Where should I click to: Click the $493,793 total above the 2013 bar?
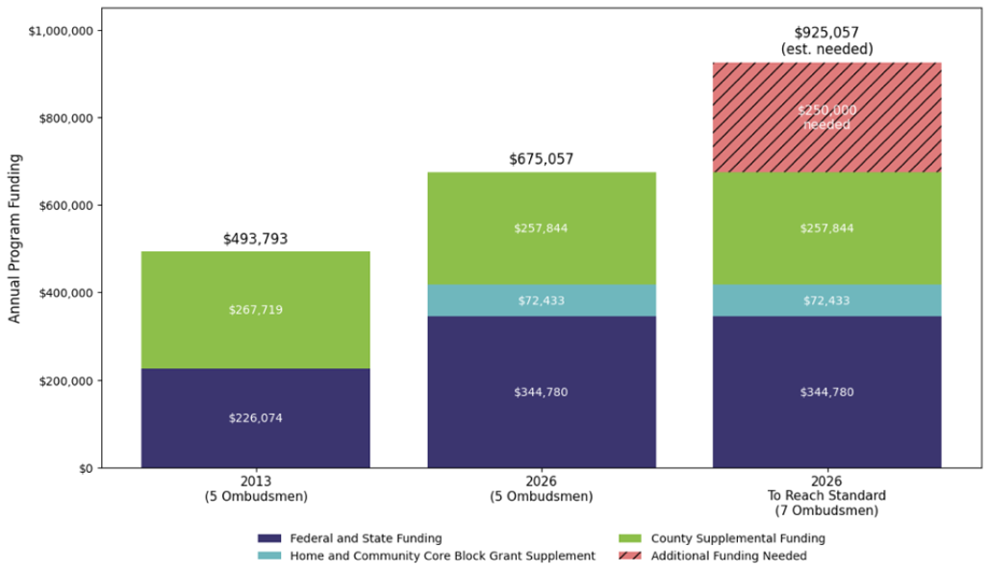255,239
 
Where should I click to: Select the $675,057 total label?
541,160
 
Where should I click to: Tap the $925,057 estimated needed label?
826,40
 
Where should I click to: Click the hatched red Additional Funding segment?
826,117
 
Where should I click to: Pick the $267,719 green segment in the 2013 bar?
255,310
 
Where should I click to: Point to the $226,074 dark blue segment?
255,418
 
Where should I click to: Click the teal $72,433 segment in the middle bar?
541,300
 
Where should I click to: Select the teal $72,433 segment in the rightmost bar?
826,300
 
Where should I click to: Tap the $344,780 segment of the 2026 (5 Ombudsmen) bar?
541,392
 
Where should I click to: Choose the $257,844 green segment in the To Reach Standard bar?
826,228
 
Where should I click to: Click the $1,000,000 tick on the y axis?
60,31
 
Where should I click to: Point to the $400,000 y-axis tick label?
65,293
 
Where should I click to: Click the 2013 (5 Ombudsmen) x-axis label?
255,488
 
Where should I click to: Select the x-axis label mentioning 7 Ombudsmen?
826,496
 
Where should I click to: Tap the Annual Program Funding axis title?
14,239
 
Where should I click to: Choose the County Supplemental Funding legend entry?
737,538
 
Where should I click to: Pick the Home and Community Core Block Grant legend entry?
442,556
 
